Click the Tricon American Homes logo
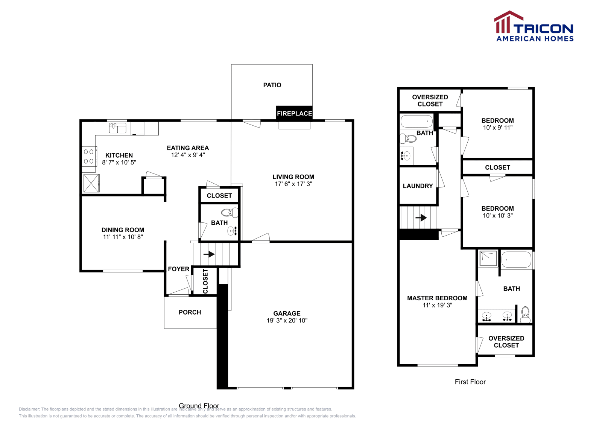(x=534, y=26)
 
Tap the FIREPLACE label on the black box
(x=294, y=113)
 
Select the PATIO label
(x=272, y=85)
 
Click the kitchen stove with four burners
(x=89, y=156)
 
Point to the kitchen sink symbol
(x=117, y=128)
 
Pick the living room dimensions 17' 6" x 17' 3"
(x=293, y=184)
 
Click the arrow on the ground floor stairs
(x=209, y=254)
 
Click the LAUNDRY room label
(x=418, y=186)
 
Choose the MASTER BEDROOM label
(x=437, y=298)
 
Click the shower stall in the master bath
(x=488, y=258)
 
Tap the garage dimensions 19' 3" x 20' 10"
(x=287, y=321)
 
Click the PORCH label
(x=190, y=312)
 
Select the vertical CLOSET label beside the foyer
(x=205, y=281)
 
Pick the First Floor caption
(x=470, y=382)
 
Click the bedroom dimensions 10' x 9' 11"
(x=497, y=128)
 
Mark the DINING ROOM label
(x=123, y=230)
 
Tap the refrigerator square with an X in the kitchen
(x=91, y=183)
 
